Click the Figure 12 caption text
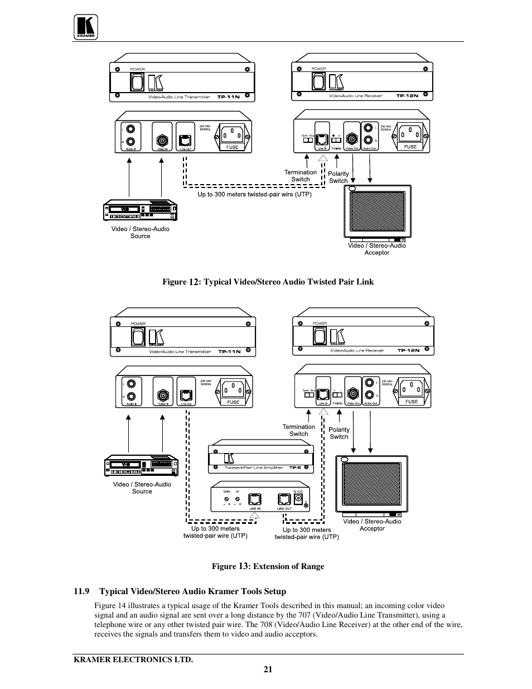click(268, 282)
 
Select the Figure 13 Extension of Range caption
click(268, 566)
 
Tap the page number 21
click(268, 669)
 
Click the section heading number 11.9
click(81, 591)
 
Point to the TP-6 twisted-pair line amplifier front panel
click(260, 458)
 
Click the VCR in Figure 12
click(141, 210)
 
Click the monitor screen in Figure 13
click(373, 483)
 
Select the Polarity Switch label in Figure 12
click(338, 177)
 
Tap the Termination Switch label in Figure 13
click(299, 430)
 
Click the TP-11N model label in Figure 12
click(229, 97)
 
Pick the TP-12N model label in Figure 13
click(408, 350)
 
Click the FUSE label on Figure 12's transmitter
click(232, 147)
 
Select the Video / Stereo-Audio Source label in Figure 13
click(142, 488)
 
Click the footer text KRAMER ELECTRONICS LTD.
click(133, 659)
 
